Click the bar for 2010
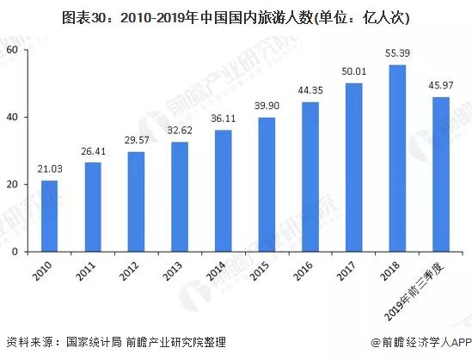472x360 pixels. pos(50,217)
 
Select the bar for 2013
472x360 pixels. pos(180,197)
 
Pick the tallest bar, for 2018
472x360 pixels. pos(397,159)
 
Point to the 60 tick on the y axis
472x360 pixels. pos(12,50)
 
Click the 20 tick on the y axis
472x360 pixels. pos(12,185)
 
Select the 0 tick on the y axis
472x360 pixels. pos(15,253)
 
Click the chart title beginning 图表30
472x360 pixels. pos(236,17)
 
